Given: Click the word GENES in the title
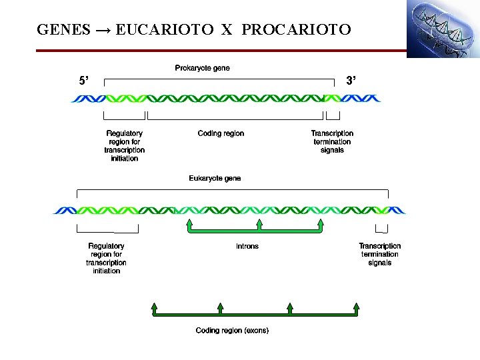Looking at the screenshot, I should pos(63,30).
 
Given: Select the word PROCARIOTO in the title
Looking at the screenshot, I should pos(296,30).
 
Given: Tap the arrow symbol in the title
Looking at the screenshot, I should pos(103,30).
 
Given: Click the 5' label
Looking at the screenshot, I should pos(83,81).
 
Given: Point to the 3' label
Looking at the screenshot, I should pos(351,81).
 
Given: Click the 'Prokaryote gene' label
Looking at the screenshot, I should pos(202,68).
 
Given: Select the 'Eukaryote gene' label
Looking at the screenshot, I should pos(215,179).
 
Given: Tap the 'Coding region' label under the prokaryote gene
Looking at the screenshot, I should pos(221,133).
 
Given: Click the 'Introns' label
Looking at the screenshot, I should pos(247,246).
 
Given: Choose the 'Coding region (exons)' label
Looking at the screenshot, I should pos(232,331).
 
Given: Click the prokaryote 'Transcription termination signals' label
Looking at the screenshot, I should pos(332,141).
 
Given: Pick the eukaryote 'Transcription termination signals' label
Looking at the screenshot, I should pos(380,254).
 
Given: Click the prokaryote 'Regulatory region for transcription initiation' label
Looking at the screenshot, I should pos(125,145).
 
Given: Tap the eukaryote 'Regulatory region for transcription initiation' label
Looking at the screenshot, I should pos(107,258).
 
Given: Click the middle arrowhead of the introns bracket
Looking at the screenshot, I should pos(258,222).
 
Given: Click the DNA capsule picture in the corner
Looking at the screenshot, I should pos(443,29).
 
